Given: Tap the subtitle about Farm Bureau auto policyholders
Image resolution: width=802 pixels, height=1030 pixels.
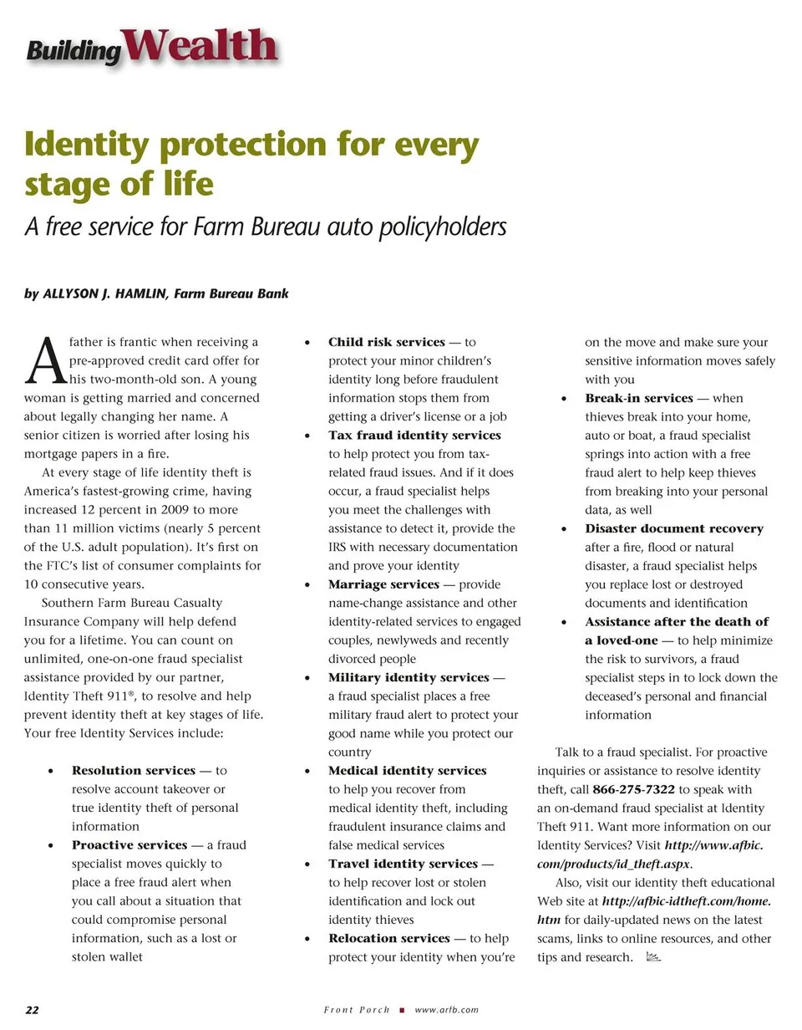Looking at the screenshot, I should [x=266, y=227].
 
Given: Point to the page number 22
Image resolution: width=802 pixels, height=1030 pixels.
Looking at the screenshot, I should [x=32, y=1010].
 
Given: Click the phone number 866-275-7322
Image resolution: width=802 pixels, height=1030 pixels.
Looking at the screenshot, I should [x=634, y=789].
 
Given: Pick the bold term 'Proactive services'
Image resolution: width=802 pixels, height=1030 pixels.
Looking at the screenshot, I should [x=129, y=845].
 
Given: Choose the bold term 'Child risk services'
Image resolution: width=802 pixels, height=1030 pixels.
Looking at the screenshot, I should [x=387, y=342].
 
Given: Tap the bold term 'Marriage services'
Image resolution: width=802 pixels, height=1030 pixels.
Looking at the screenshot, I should [x=383, y=584].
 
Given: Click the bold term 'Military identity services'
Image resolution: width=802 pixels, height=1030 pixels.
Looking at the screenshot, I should [x=409, y=677].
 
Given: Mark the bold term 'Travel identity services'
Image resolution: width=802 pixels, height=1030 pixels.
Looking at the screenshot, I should [x=402, y=864].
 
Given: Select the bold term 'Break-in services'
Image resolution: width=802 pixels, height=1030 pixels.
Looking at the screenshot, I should [x=639, y=398].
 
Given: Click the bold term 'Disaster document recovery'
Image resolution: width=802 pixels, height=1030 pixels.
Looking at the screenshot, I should [x=674, y=528].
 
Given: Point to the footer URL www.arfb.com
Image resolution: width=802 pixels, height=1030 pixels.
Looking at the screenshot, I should [x=447, y=1010].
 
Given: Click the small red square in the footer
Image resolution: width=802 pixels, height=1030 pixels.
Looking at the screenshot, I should [x=403, y=1010].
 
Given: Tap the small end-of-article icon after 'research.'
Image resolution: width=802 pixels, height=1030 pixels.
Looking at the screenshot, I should [x=653, y=957].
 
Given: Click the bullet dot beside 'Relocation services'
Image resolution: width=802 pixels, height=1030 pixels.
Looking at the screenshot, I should [x=309, y=939].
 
